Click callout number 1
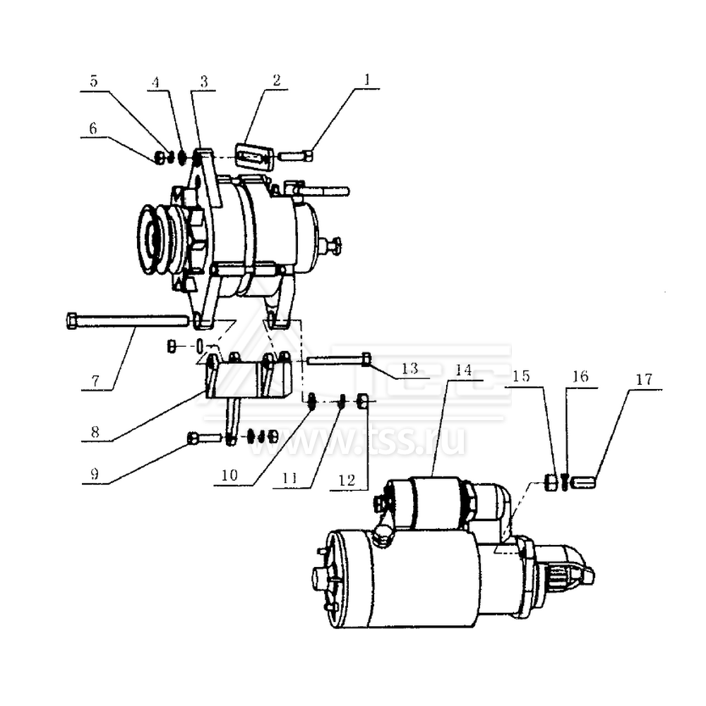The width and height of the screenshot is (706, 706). [366, 80]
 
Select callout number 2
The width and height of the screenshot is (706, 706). [276, 80]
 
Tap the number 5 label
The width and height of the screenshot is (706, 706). [93, 80]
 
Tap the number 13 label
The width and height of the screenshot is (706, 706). [409, 368]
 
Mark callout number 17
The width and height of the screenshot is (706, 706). [643, 378]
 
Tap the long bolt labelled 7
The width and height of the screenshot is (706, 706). [127, 321]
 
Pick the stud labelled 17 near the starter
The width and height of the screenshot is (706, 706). [585, 483]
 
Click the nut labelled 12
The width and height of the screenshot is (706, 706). [361, 402]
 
